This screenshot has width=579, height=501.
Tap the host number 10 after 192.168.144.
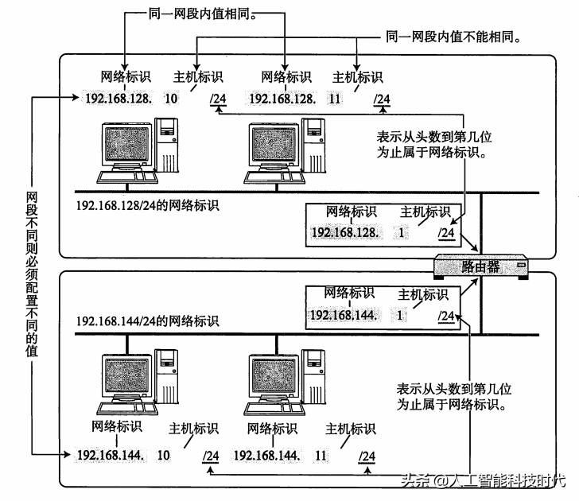[x=165, y=456]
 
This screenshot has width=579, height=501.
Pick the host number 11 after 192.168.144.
[x=321, y=456]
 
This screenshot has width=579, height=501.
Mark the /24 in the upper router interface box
[x=447, y=232]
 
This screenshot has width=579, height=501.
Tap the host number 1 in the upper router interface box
[x=402, y=232]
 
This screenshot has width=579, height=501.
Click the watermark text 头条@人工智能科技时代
[x=484, y=481]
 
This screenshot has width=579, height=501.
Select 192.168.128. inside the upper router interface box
[x=346, y=232]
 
